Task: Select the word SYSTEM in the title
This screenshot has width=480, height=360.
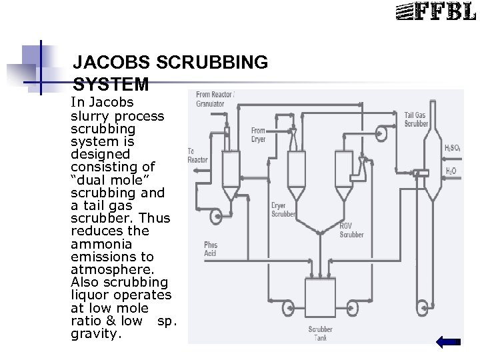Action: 111,85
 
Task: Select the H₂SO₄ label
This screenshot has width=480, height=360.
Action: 452,148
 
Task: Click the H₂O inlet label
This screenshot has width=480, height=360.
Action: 451,171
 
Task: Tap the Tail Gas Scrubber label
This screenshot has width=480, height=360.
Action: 417,120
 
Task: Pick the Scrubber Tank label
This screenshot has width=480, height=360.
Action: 320,333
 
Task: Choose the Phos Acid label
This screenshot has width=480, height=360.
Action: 211,249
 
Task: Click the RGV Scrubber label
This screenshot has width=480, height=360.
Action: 351,230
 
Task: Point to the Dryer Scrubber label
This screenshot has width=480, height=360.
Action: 284,210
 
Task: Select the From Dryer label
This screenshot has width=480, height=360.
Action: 258,135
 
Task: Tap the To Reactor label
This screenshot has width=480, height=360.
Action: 197,155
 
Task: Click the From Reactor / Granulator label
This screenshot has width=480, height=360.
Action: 214,99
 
